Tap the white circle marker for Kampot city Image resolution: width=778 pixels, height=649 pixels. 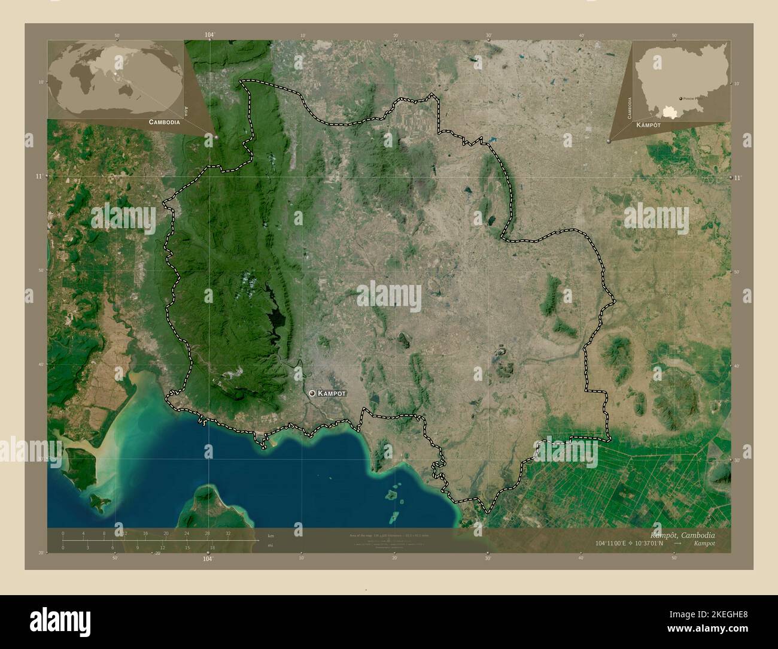click(x=312, y=393)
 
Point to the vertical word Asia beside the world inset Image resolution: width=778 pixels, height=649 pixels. click(x=187, y=110)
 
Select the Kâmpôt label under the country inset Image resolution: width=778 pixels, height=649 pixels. click(x=648, y=125)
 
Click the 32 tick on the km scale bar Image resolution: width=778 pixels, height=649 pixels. click(x=228, y=533)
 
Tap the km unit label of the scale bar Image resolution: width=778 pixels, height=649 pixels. click(x=271, y=535)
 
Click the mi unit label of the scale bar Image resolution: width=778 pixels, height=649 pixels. click(x=271, y=545)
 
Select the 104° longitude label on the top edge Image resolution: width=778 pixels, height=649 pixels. click(x=209, y=35)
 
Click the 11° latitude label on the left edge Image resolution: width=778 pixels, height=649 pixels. click(x=39, y=177)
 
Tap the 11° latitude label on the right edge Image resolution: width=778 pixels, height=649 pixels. click(x=737, y=178)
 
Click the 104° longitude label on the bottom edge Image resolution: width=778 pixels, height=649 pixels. click(x=208, y=559)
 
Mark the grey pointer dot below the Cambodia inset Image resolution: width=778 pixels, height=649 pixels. click(x=609, y=141)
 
